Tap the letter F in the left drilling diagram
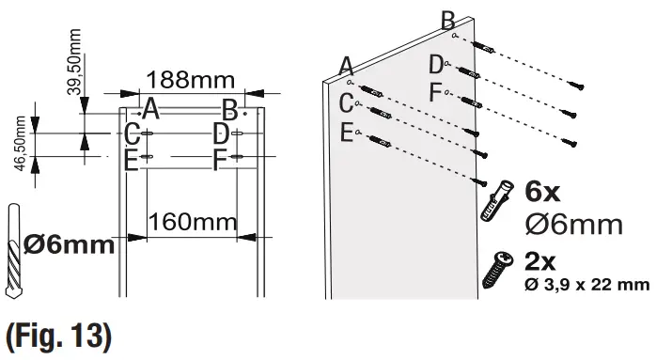tap(223, 159)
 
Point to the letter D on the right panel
tap(436, 64)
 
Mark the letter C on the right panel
tap(347, 101)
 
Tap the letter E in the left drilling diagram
tap(133, 159)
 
